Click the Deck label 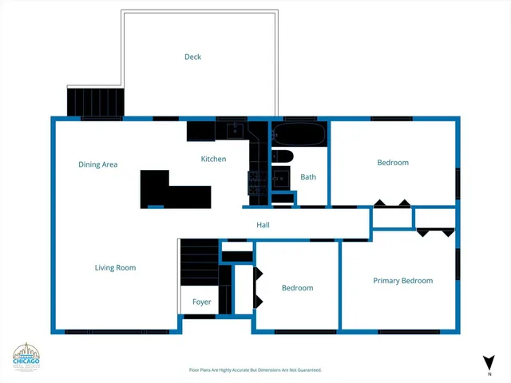click(192, 57)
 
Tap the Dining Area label click(98, 164)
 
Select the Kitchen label click(213, 159)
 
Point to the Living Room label click(116, 268)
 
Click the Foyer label click(202, 302)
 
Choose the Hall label click(263, 225)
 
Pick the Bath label click(308, 177)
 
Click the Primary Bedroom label click(403, 281)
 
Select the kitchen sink click(235, 128)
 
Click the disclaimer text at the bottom click(255, 370)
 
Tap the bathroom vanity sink click(281, 178)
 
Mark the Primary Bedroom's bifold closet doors click(436, 231)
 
